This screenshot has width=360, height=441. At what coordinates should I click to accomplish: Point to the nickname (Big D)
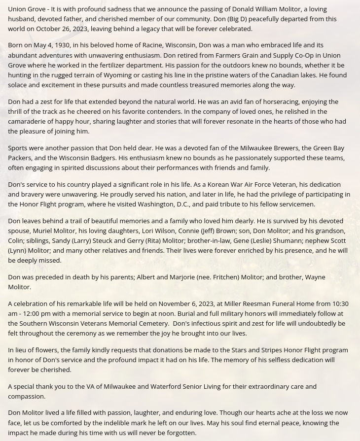(240, 19)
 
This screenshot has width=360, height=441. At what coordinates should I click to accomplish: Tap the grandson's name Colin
(15, 240)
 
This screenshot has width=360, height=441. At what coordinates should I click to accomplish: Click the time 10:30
(340, 304)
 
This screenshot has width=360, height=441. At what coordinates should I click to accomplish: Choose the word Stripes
(274, 350)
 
